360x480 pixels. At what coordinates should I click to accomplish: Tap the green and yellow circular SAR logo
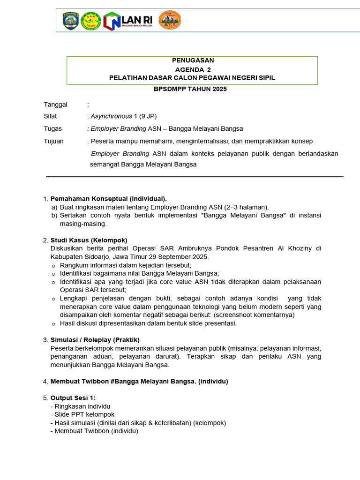91,21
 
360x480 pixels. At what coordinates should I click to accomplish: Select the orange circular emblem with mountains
169,20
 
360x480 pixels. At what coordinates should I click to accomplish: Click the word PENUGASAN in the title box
192,60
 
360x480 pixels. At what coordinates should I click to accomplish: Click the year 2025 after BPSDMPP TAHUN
218,89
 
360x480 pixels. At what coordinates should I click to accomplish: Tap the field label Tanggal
55,104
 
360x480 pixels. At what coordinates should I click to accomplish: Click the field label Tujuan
53,141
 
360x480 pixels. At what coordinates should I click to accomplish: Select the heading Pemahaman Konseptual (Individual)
108,199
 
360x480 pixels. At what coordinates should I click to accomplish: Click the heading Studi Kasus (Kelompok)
89,240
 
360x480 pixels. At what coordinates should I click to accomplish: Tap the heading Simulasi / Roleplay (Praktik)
95,339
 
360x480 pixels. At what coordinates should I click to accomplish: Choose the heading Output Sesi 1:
73,398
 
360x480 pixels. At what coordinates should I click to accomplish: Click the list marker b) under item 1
54,216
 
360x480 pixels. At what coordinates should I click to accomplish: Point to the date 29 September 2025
178,257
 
